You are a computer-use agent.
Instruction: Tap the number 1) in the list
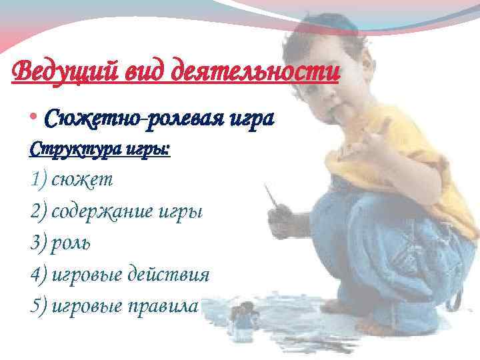[39, 180]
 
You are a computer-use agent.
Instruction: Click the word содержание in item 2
[106, 212]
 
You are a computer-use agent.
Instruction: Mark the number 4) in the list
[39, 274]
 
